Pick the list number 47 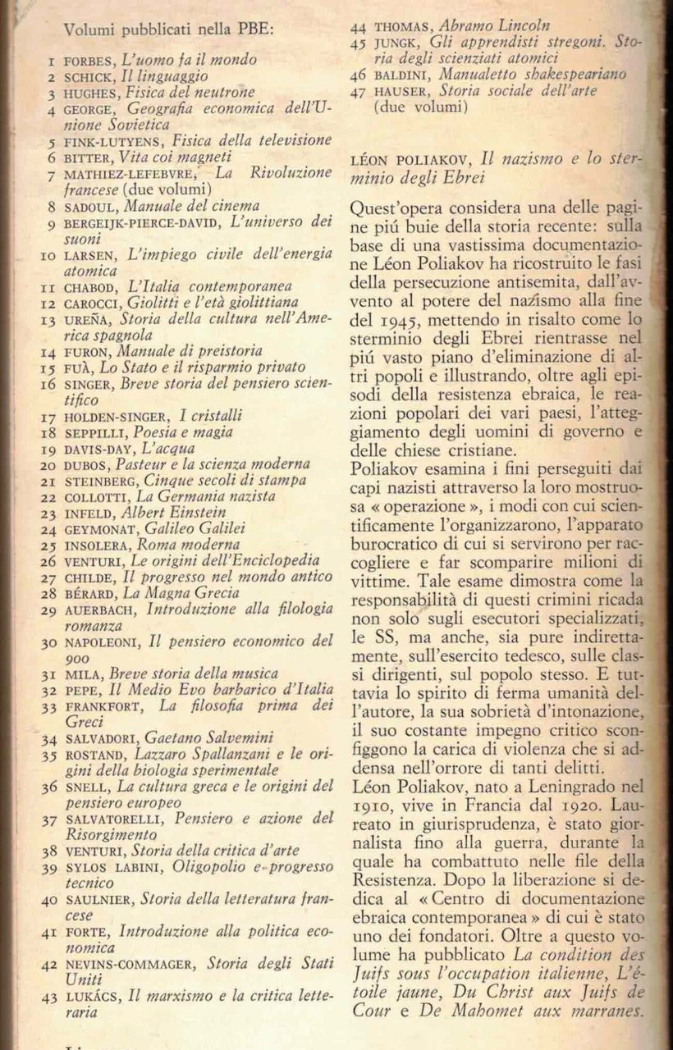click(x=357, y=91)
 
